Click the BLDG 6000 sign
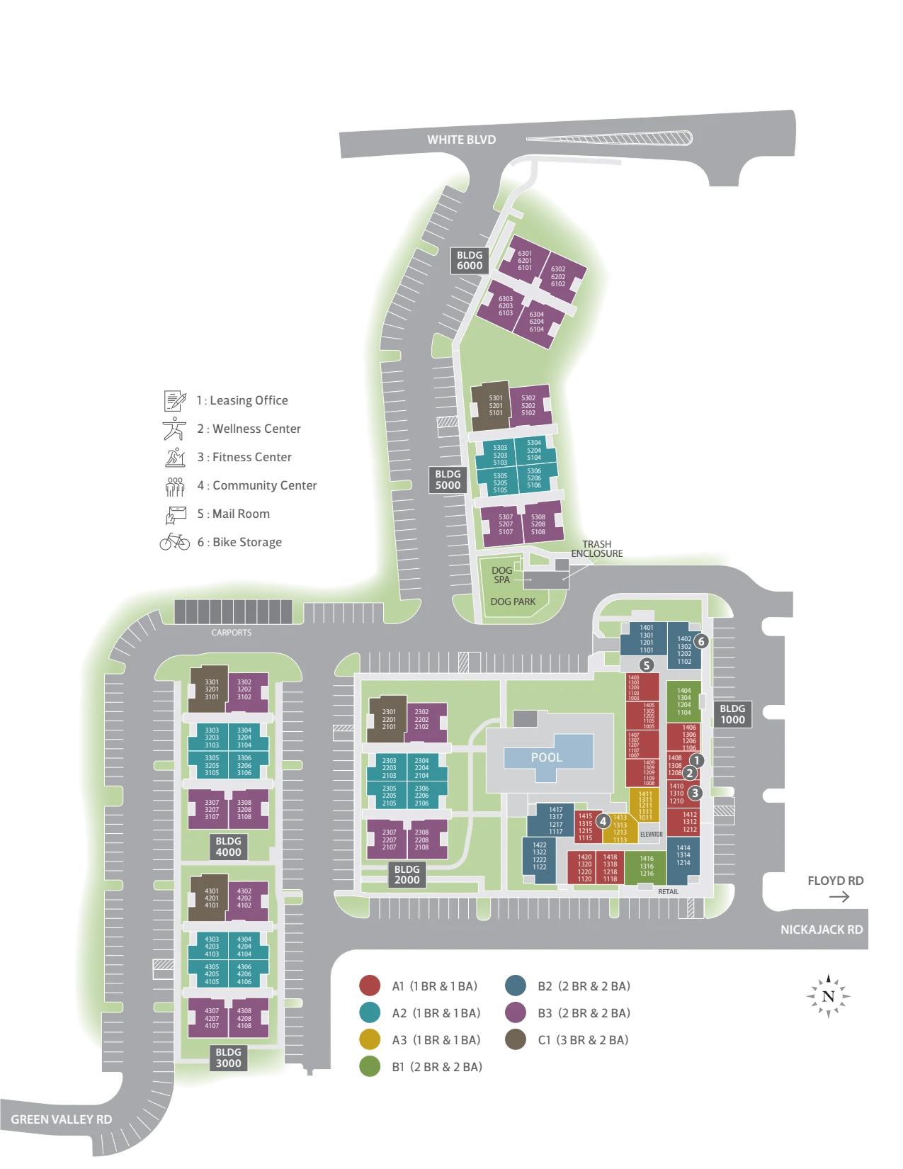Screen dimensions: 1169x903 469,261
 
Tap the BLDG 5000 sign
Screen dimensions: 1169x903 448,480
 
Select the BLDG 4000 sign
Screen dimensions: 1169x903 228,847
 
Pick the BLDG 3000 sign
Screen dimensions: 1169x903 228,1058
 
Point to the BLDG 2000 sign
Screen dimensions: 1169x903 407,874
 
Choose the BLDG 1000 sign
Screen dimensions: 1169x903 732,714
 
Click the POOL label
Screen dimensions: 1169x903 547,757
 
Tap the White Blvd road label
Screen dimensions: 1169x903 461,140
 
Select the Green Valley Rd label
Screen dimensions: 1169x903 62,1119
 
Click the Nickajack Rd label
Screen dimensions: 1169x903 822,930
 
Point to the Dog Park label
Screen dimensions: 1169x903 513,602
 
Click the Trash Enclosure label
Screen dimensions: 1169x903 597,549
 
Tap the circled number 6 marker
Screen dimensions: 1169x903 701,641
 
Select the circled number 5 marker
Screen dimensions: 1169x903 646,665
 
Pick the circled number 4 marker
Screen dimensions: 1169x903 603,821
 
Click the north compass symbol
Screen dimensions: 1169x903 828,996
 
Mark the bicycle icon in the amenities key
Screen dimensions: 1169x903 175,542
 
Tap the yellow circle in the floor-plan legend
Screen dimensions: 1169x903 370,1039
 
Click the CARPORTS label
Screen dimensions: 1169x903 231,633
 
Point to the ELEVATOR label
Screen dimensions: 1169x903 651,835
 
